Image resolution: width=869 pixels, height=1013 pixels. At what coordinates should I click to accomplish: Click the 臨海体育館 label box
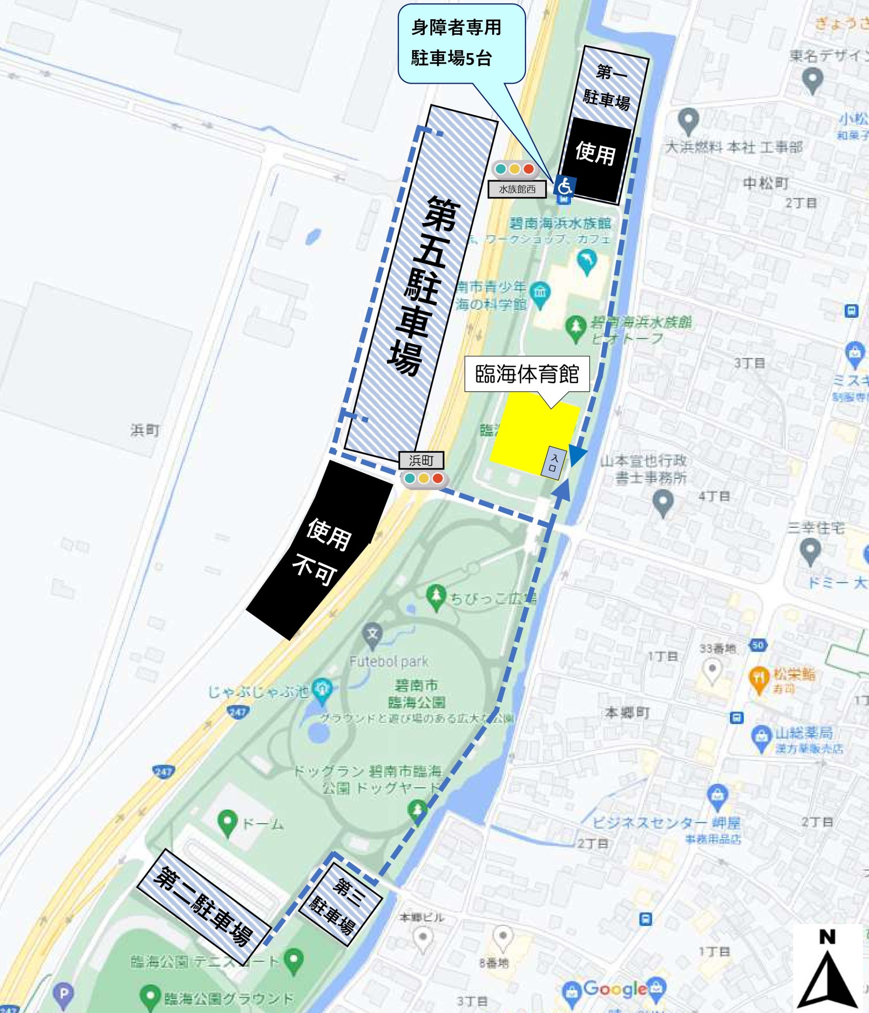pyautogui.click(x=527, y=374)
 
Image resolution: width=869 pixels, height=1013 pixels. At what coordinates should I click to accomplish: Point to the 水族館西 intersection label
pyautogui.click(x=517, y=189)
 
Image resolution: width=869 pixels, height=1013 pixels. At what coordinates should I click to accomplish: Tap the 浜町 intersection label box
pyautogui.click(x=421, y=460)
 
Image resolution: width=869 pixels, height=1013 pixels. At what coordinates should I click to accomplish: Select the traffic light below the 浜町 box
pyautogui.click(x=424, y=479)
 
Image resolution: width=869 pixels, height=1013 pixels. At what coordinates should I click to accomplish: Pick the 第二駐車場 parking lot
pyautogui.click(x=204, y=906)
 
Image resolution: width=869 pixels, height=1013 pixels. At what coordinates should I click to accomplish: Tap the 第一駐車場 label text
pyautogui.click(x=607, y=87)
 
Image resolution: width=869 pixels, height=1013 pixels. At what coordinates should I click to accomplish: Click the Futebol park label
pyautogui.click(x=389, y=662)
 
